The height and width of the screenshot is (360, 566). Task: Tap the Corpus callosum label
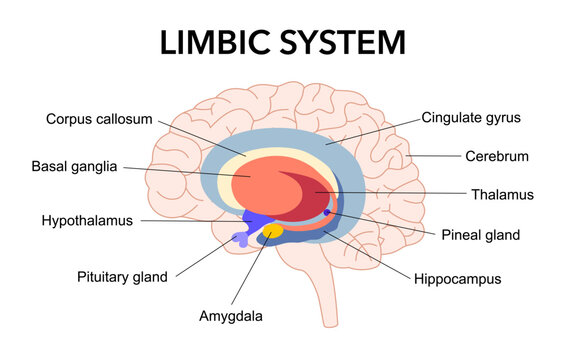(99, 119)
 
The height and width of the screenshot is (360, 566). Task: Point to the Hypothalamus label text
(87, 220)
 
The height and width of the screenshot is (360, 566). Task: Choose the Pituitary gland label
(122, 275)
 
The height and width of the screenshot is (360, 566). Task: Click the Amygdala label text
(231, 316)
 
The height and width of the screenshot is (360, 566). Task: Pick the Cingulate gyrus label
(472, 118)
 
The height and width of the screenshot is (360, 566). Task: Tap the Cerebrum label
(497, 156)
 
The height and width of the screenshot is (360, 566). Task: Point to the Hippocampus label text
(457, 279)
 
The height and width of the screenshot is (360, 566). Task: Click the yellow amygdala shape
(271, 231)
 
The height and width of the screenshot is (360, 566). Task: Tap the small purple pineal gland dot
(326, 213)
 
